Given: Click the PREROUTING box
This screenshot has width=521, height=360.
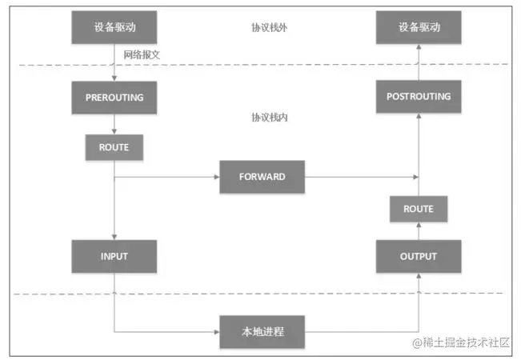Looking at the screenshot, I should (114, 97).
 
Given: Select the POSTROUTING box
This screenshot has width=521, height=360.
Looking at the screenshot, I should (419, 97).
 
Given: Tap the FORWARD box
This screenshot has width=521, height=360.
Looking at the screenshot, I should (262, 176).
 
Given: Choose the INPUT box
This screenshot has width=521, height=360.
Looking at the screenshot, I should (114, 256).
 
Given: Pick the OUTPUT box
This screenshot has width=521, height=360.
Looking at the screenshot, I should (419, 256).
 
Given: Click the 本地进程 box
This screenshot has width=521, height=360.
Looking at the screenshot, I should (262, 330).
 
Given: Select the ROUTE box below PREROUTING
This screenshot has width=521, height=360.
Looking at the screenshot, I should (114, 147).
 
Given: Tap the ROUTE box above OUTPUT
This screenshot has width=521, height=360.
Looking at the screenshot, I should (419, 209).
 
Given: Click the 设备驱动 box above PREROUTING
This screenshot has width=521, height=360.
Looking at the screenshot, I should (114, 28).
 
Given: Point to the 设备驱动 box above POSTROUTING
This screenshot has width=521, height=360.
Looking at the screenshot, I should (419, 28).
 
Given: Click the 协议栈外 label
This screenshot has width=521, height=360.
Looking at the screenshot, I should (269, 26).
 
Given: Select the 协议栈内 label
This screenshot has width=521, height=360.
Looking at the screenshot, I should (269, 117).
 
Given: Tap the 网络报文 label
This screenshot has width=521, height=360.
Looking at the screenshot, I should (142, 54).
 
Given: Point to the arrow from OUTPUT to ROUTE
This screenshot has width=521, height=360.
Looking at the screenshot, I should (419, 230).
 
